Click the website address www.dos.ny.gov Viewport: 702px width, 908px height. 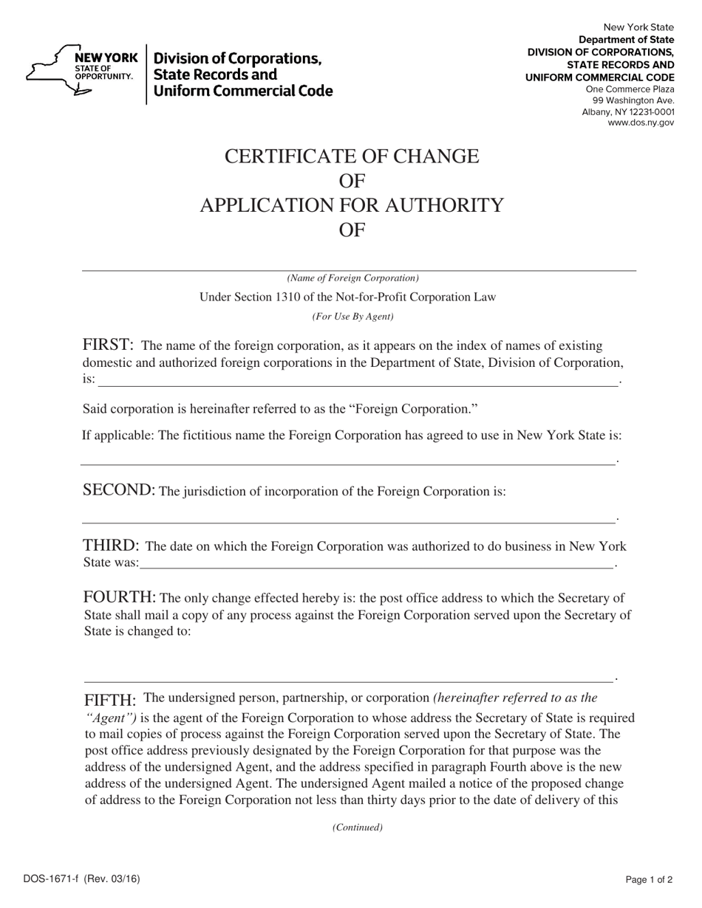pyautogui.click(x=640, y=123)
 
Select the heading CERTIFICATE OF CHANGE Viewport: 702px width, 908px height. pyautogui.click(x=352, y=157)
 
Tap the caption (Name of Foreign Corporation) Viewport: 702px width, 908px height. pyautogui.click(x=352, y=278)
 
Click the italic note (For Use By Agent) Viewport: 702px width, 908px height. pyautogui.click(x=352, y=317)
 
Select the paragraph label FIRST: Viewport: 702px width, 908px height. pyautogui.click(x=108, y=345)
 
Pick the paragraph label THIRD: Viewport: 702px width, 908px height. pyautogui.click(x=111, y=546)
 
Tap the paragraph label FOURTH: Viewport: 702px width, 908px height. pyautogui.click(x=119, y=597)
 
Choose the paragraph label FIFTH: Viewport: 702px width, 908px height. pyautogui.click(x=111, y=700)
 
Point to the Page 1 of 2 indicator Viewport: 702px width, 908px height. pyautogui.click(x=649, y=879)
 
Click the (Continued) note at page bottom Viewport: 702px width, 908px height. pyautogui.click(x=358, y=828)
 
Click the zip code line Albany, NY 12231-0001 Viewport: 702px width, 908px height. pyautogui.click(x=627, y=112)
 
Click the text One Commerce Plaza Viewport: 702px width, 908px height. pyautogui.click(x=630, y=89)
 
